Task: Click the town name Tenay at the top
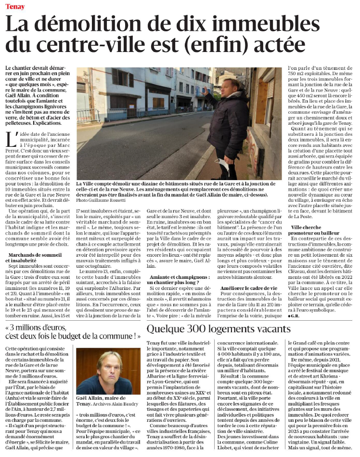click(14, 7)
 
